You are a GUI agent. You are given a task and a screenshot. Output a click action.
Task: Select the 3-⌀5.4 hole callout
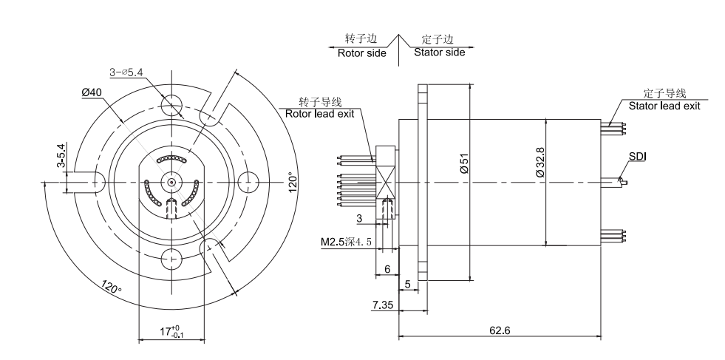click(x=126, y=72)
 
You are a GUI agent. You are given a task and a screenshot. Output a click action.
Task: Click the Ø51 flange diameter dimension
click(x=463, y=164)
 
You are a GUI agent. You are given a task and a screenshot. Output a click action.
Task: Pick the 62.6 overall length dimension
click(x=499, y=330)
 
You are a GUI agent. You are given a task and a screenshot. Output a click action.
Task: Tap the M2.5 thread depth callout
click(x=344, y=242)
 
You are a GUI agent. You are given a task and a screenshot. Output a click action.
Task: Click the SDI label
click(x=637, y=156)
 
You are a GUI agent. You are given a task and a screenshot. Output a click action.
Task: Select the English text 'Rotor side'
click(x=361, y=53)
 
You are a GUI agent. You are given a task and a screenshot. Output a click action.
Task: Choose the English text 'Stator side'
click(x=439, y=53)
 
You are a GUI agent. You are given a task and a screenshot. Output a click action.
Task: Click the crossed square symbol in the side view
click(x=385, y=181)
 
